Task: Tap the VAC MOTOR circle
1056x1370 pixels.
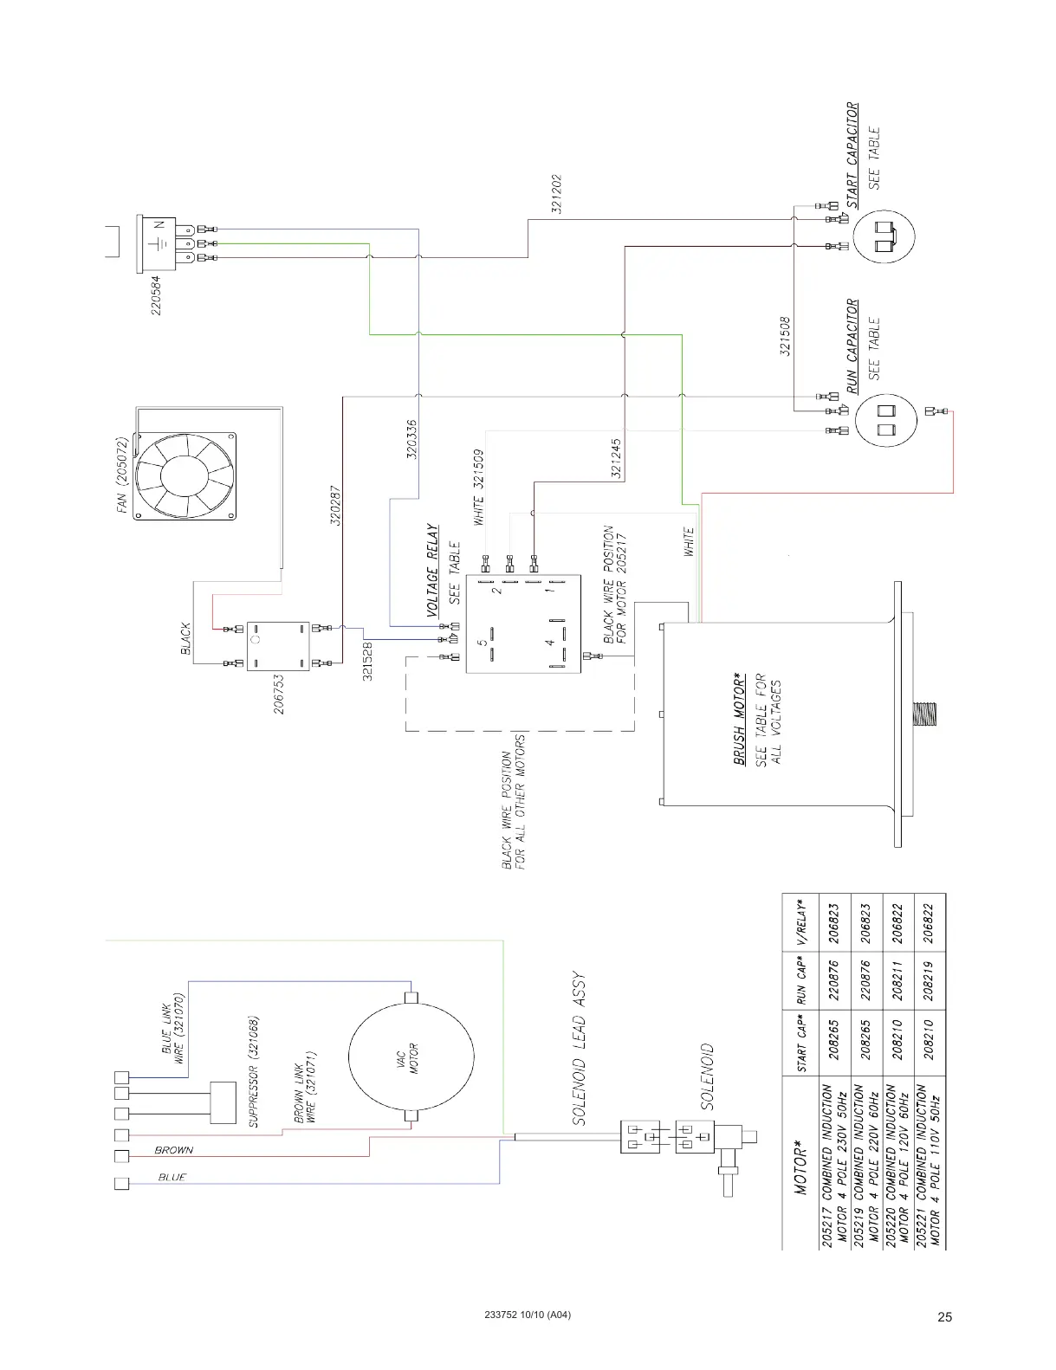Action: [x=411, y=1057]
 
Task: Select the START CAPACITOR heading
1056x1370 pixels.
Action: [x=852, y=156]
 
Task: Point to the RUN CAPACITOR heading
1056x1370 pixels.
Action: [x=852, y=346]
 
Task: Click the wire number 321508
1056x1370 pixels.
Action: [x=785, y=335]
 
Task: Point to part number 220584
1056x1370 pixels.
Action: [x=157, y=295]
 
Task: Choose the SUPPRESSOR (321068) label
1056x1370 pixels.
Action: [x=255, y=1071]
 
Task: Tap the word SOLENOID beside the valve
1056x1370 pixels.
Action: [x=707, y=1077]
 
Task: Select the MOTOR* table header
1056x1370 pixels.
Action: [x=801, y=1168]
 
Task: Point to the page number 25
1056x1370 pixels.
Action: [x=944, y=1317]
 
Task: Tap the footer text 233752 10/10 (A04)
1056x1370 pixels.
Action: [x=528, y=1315]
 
